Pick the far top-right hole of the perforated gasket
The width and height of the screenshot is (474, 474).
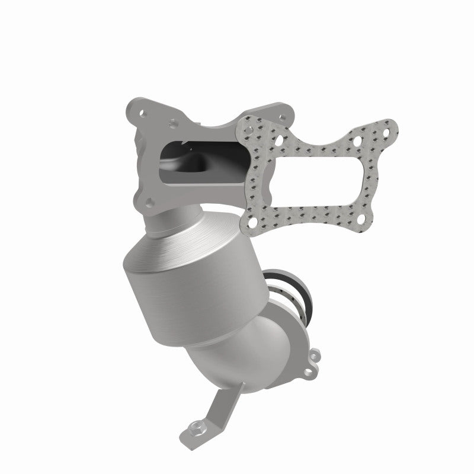390,126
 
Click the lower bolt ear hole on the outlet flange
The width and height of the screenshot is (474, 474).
309,371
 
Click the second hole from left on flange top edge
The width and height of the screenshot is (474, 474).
172,124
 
